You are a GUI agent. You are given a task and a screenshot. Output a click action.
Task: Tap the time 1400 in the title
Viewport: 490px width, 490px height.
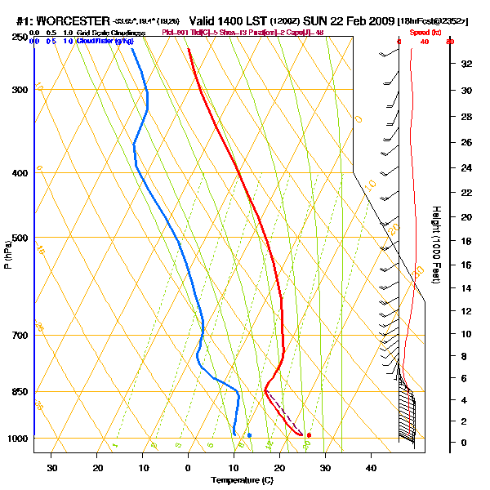(x=228, y=20)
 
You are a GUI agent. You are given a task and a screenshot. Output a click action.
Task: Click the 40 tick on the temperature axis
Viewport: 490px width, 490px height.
(x=371, y=467)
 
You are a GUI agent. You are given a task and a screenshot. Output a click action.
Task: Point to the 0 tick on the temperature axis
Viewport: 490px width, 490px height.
(x=189, y=467)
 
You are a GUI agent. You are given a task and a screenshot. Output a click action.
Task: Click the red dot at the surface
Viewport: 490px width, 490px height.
(x=309, y=435)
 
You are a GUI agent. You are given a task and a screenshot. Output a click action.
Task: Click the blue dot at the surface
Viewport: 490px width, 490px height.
(x=249, y=435)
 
